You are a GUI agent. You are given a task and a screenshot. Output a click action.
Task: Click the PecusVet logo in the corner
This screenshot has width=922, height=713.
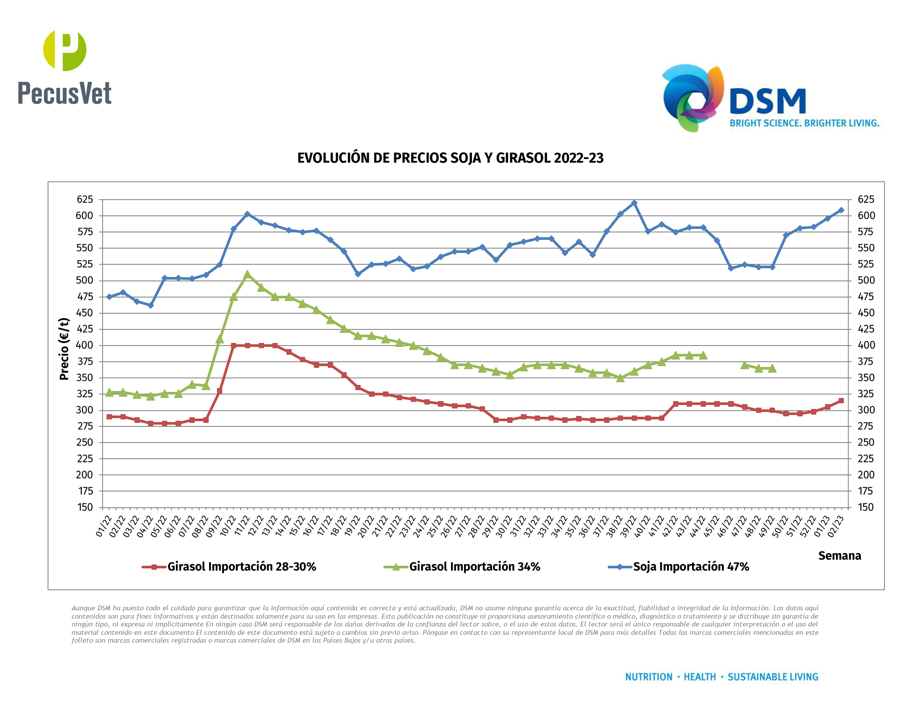pyautogui.click(x=65, y=68)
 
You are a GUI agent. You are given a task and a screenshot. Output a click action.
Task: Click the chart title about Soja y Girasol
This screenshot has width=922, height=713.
pyautogui.click(x=450, y=158)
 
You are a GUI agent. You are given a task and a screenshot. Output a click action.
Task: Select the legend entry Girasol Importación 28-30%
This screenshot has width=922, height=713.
pyautogui.click(x=241, y=567)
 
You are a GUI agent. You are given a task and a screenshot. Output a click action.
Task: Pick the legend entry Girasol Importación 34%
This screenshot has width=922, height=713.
pyautogui.click(x=475, y=567)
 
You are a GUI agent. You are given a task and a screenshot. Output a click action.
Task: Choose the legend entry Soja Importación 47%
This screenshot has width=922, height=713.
pyautogui.click(x=691, y=567)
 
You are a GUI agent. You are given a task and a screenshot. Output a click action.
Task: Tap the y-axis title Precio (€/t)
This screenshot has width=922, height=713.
pyautogui.click(x=64, y=349)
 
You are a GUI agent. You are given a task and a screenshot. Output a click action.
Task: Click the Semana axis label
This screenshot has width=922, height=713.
pyautogui.click(x=839, y=556)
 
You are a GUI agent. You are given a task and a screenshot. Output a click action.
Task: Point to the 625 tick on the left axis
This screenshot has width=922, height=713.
pyautogui.click(x=85, y=200)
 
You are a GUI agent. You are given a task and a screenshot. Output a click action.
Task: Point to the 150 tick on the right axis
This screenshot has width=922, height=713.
pyautogui.click(x=865, y=507)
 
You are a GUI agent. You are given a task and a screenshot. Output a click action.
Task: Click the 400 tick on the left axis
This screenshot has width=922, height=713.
pyautogui.click(x=85, y=345)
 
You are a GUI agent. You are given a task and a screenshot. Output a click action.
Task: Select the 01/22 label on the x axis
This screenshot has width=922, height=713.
pyautogui.click(x=103, y=526)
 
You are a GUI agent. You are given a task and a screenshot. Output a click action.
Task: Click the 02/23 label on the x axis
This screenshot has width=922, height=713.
pyautogui.click(x=836, y=526)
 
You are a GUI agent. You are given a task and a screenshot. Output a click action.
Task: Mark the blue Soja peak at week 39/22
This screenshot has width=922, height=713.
pyautogui.click(x=634, y=203)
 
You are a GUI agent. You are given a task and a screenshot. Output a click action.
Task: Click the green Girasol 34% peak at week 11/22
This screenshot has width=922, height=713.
pyautogui.click(x=247, y=274)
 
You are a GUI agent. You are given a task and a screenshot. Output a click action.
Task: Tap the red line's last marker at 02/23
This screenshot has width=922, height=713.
pyautogui.click(x=841, y=401)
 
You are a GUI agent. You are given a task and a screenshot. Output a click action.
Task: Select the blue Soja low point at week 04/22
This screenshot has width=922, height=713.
pyautogui.click(x=151, y=305)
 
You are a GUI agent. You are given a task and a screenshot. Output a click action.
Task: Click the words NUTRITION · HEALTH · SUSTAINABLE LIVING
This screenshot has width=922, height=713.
pyautogui.click(x=721, y=677)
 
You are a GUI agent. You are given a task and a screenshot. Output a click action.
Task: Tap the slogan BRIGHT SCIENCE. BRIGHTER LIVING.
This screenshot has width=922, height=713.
pyautogui.click(x=804, y=123)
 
